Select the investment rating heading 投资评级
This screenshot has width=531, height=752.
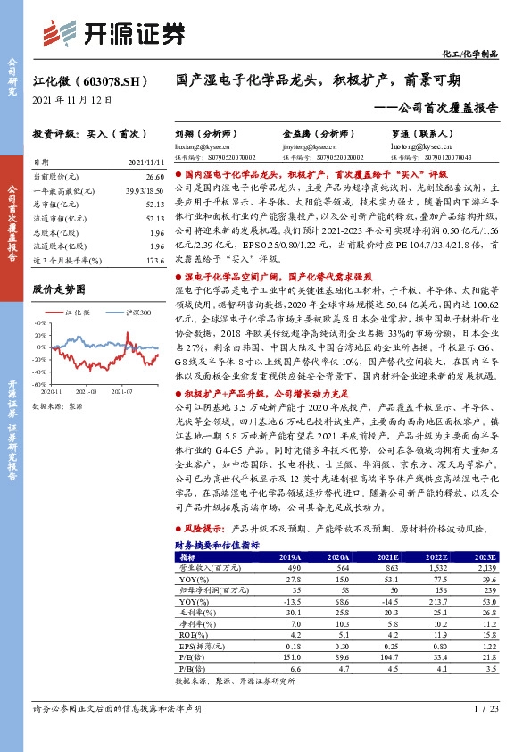pyautogui.click(x=53, y=132)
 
